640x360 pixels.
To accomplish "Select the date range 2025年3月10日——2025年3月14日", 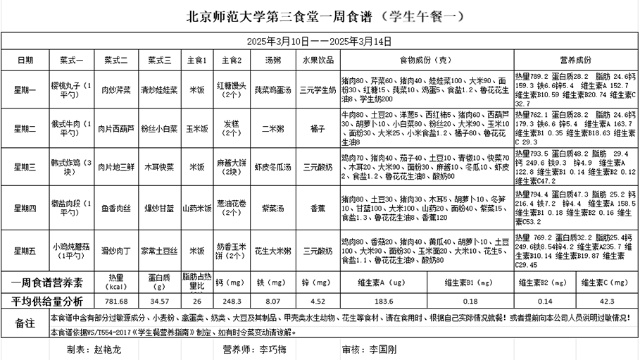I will pyautogui.click(x=320, y=41).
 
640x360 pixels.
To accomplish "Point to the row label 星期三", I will pyautogui.click(x=25, y=166).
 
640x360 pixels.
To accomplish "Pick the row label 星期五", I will pyautogui.click(x=25, y=250).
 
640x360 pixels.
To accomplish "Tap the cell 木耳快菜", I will pyautogui.click(x=159, y=166).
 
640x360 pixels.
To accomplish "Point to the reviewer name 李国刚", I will pyautogui.click(x=383, y=349).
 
